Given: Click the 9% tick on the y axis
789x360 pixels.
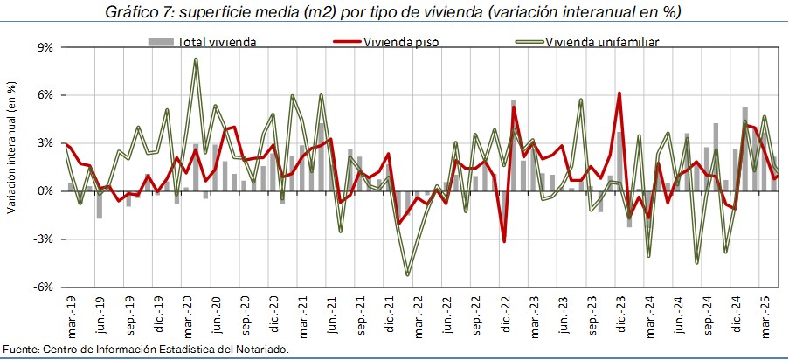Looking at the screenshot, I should click(45, 47).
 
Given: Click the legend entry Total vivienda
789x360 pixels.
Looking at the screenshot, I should click(216, 41).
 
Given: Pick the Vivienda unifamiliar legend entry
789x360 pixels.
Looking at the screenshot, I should click(602, 41).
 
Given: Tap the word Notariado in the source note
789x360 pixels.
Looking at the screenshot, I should click(257, 350).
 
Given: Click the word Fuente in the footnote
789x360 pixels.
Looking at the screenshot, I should click(19, 350).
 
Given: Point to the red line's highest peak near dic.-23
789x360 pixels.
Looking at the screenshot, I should click(619, 93).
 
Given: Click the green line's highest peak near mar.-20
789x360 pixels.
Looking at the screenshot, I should click(196, 59).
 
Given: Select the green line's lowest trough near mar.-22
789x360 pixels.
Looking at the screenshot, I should click(408, 274).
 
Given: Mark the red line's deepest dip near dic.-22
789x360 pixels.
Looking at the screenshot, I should click(504, 241).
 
